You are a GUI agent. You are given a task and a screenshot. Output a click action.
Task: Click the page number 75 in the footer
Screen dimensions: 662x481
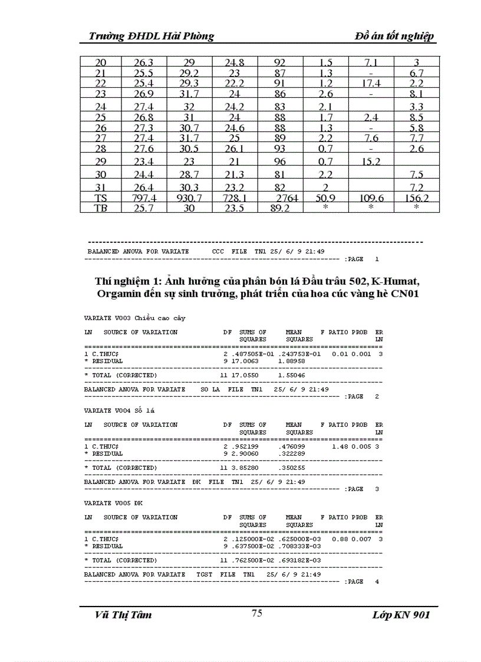coord(256,613)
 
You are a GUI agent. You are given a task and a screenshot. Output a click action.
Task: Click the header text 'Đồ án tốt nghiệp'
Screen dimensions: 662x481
coord(395,37)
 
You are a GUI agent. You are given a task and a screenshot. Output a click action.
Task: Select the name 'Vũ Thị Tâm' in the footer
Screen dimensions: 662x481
coord(123,615)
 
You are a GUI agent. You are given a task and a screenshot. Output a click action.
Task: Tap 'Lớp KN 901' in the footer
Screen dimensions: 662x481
coord(401,615)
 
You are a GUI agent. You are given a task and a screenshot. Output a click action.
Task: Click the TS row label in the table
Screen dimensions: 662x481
coord(101,199)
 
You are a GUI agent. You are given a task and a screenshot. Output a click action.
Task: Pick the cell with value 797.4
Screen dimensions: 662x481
coord(144,199)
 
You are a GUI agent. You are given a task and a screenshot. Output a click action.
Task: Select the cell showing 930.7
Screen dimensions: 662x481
coord(189,199)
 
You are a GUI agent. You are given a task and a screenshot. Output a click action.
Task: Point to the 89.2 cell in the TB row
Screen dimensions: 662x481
coord(279,208)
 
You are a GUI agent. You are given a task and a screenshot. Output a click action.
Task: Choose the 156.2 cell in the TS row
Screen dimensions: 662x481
coord(416,199)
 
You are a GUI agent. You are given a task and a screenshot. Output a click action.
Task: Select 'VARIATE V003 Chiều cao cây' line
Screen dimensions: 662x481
coord(134,318)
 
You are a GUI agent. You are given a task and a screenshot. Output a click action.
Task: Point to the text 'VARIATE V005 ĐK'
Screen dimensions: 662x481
coord(113,503)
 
